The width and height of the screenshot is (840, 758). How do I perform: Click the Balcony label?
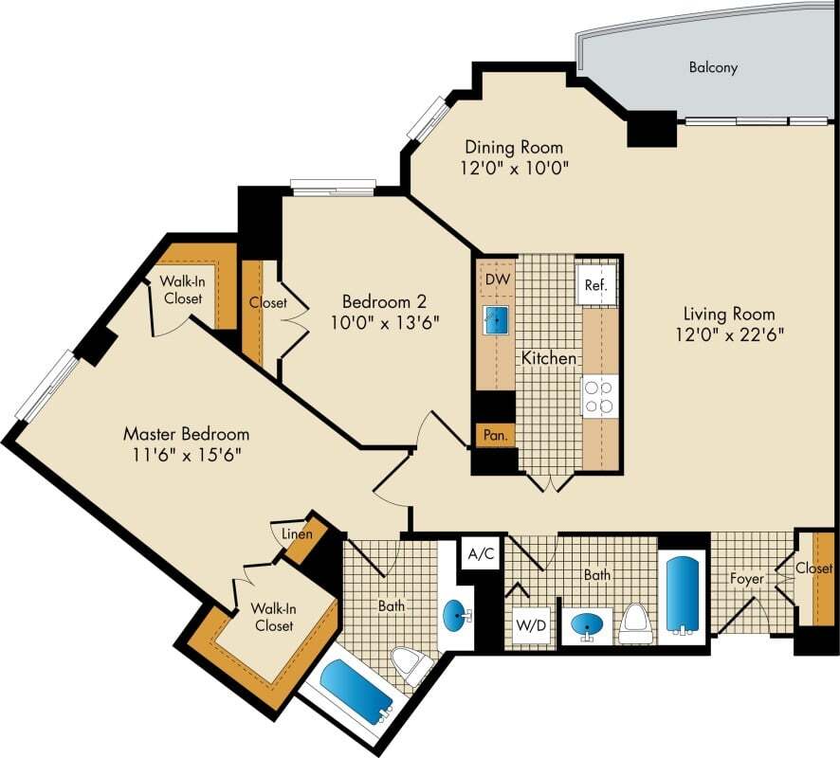pyautogui.click(x=713, y=68)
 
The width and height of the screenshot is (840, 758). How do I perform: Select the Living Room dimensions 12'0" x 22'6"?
pyautogui.click(x=728, y=334)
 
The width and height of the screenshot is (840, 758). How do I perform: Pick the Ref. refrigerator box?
pyautogui.click(x=595, y=284)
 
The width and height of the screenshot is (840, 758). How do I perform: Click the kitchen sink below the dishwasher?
pyautogui.click(x=496, y=320)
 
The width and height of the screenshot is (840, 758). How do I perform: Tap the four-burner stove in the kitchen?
pyautogui.click(x=599, y=396)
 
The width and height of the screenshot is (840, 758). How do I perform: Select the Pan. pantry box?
pyautogui.click(x=494, y=436)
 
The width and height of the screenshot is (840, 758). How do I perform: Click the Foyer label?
pyautogui.click(x=747, y=578)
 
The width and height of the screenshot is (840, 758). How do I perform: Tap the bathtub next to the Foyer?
pyautogui.click(x=683, y=595)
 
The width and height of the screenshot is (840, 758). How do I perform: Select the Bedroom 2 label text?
pyautogui.click(x=384, y=301)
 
